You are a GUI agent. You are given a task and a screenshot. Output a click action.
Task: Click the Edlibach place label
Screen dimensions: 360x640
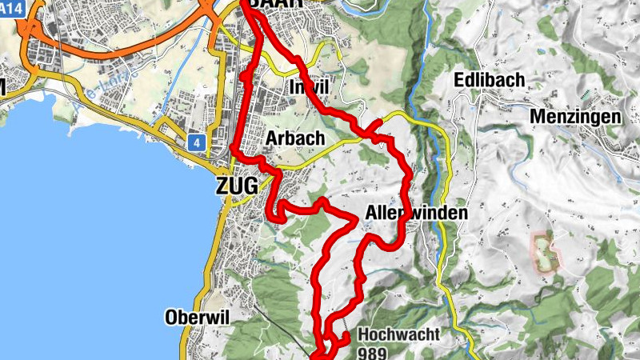(x=489, y=80)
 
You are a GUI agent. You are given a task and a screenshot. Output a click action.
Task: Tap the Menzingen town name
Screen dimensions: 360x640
(x=575, y=117)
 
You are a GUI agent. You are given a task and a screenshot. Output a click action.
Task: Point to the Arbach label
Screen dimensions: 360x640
(x=294, y=138)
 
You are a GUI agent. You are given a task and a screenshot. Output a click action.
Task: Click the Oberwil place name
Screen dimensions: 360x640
(x=197, y=316)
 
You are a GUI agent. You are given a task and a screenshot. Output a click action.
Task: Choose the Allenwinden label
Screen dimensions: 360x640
(x=415, y=214)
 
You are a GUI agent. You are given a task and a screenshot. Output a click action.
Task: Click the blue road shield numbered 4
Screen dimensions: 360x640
(x=196, y=142)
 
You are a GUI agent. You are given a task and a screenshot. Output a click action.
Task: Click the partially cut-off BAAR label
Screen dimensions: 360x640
(x=276, y=4)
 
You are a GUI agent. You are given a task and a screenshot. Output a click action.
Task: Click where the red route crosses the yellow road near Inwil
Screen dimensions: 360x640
(x=375, y=126)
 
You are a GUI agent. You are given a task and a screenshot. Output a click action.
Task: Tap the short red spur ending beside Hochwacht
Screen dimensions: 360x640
(x=342, y=339)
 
